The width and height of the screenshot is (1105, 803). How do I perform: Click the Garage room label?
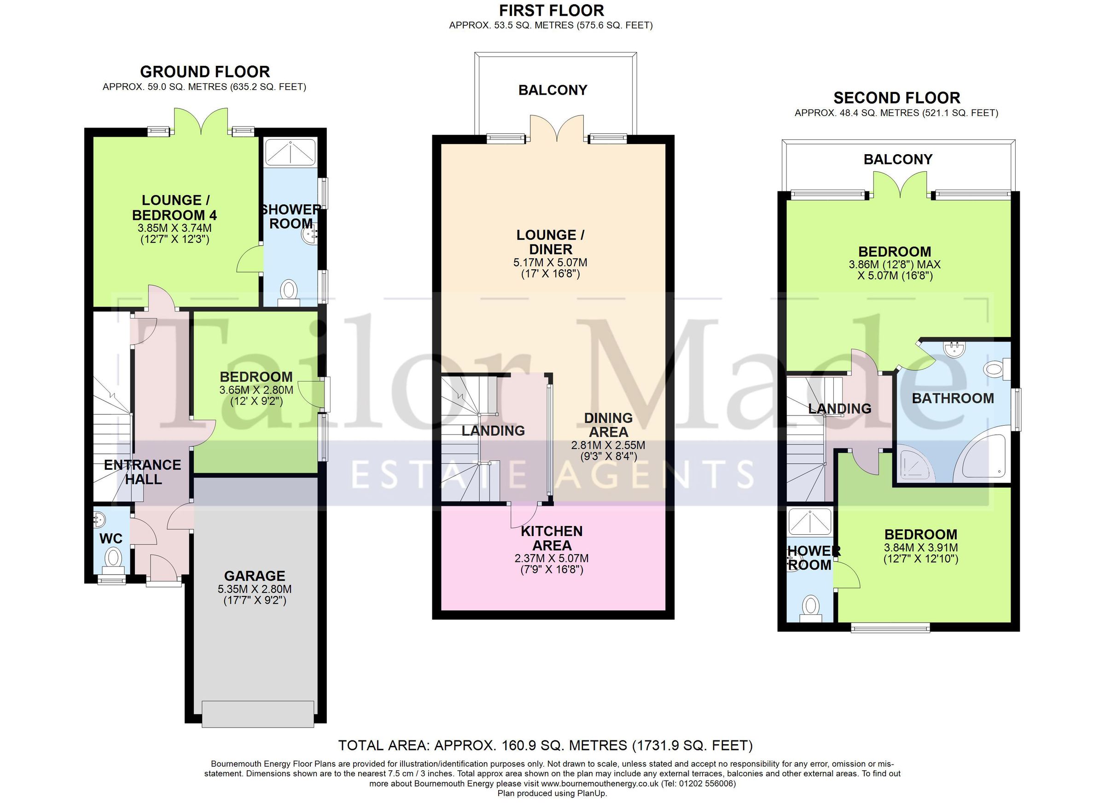point(254,576)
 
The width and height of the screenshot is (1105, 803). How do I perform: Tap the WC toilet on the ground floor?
point(114,557)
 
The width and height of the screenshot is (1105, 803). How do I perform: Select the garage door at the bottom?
point(258,714)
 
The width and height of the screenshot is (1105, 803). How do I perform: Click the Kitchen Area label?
point(552,538)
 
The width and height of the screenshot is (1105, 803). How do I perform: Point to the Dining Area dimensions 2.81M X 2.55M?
point(608,445)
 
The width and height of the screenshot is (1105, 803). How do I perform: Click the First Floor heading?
point(551,10)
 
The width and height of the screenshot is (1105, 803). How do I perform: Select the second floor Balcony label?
point(898,159)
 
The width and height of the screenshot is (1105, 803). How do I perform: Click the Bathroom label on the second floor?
point(953,399)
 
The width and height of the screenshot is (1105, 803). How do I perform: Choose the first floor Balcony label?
point(552,90)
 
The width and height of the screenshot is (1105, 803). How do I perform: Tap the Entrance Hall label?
point(142,472)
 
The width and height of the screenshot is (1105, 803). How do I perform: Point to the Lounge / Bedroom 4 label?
point(174,208)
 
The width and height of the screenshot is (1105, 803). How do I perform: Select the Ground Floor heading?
point(204,72)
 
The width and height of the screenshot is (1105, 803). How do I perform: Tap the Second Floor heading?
point(896,98)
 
